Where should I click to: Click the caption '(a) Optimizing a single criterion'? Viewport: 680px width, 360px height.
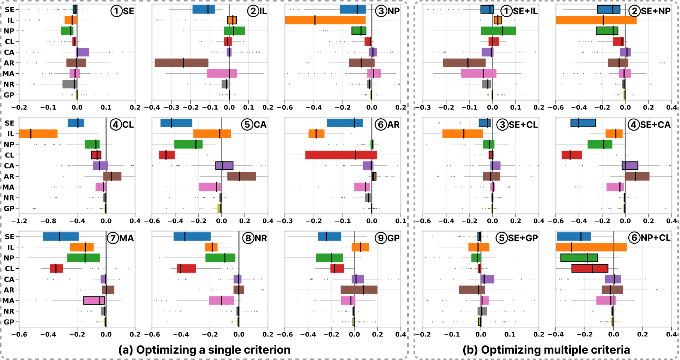click(204, 350)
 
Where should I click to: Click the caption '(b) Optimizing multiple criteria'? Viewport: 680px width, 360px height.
click(546, 350)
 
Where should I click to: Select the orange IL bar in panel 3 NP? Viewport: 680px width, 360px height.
click(325, 20)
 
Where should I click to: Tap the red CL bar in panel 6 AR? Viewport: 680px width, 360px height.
click(341, 155)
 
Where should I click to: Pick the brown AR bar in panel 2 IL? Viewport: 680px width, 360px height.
click(182, 63)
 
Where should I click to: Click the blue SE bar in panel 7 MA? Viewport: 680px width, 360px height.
click(61, 237)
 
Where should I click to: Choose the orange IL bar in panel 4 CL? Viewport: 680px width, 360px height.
click(38, 134)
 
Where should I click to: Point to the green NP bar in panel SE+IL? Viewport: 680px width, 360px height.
click(498, 31)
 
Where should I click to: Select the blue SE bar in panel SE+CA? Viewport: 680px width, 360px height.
click(583, 123)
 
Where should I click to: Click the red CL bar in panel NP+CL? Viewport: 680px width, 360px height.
click(590, 268)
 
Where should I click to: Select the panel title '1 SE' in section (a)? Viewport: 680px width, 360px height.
click(122, 11)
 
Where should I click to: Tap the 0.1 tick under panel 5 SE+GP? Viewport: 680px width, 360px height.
click(510, 334)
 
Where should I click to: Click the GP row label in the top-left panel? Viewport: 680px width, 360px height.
click(9, 95)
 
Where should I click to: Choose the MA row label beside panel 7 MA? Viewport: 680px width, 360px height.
click(9, 300)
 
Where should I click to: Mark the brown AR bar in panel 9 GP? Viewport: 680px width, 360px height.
click(359, 290)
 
